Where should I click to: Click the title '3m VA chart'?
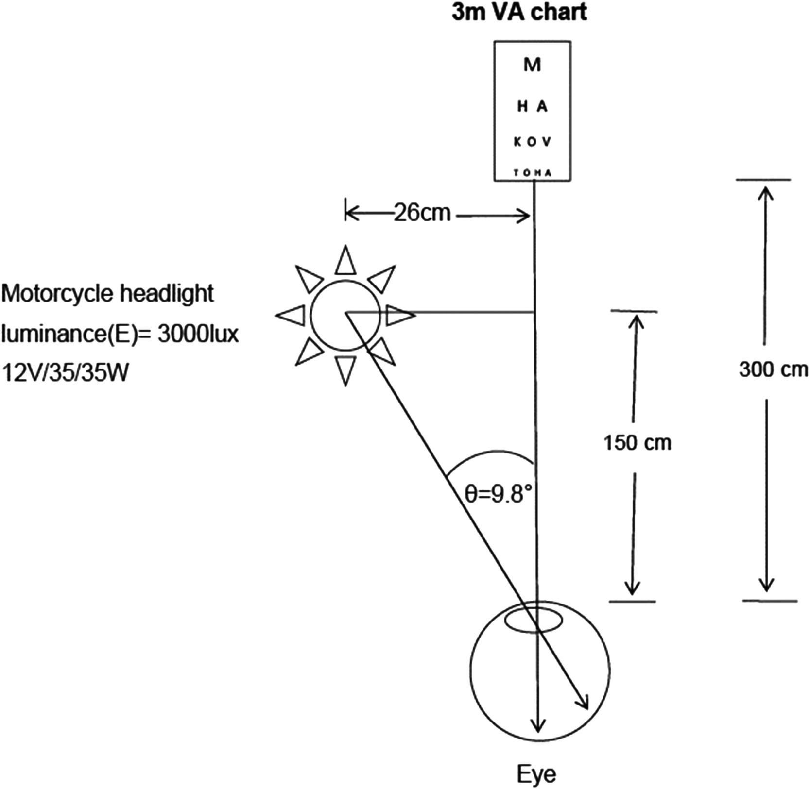pyautogui.click(x=519, y=12)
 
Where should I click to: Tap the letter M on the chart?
pyautogui.click(x=532, y=65)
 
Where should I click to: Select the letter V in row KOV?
pyautogui.click(x=546, y=142)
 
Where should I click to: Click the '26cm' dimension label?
pyautogui.click(x=422, y=213)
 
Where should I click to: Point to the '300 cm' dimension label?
pyautogui.click(x=773, y=370)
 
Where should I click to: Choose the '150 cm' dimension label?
pyautogui.click(x=637, y=443)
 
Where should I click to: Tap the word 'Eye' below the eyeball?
pyautogui.click(x=536, y=774)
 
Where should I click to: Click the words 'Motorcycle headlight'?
pyautogui.click(x=107, y=294)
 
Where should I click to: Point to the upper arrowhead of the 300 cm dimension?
pyautogui.click(x=766, y=192)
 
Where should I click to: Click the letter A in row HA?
pyautogui.click(x=542, y=106)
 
